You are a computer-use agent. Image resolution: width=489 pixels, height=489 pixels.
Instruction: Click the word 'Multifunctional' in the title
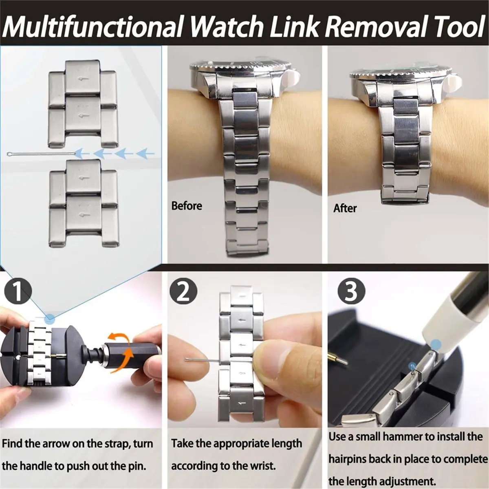[93, 27]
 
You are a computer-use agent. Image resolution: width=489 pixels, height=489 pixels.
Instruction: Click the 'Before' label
[186, 206]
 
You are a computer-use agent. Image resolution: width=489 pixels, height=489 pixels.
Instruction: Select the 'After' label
[345, 208]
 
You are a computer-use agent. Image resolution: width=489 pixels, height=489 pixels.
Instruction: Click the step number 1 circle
[17, 291]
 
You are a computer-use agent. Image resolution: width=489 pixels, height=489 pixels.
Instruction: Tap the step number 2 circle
[183, 291]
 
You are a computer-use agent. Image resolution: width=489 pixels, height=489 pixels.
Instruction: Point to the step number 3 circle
[351, 291]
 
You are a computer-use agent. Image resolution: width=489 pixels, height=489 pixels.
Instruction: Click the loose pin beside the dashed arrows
[41, 154]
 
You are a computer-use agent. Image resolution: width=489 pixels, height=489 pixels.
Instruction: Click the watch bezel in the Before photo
[240, 65]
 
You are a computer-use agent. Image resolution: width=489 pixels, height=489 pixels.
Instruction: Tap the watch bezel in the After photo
[401, 69]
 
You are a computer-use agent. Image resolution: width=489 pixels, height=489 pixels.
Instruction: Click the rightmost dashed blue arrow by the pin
[145, 154]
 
